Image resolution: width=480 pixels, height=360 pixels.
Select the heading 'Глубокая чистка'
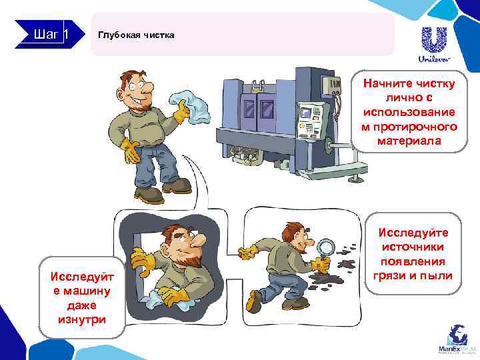pos(136,35)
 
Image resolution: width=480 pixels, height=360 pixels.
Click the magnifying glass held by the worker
pos(325,249)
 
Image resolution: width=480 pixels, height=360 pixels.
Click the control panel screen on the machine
pos(307,111)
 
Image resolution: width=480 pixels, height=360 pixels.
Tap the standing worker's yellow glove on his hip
pos(130,151)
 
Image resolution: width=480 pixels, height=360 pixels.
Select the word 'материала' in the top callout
pos(409,141)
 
